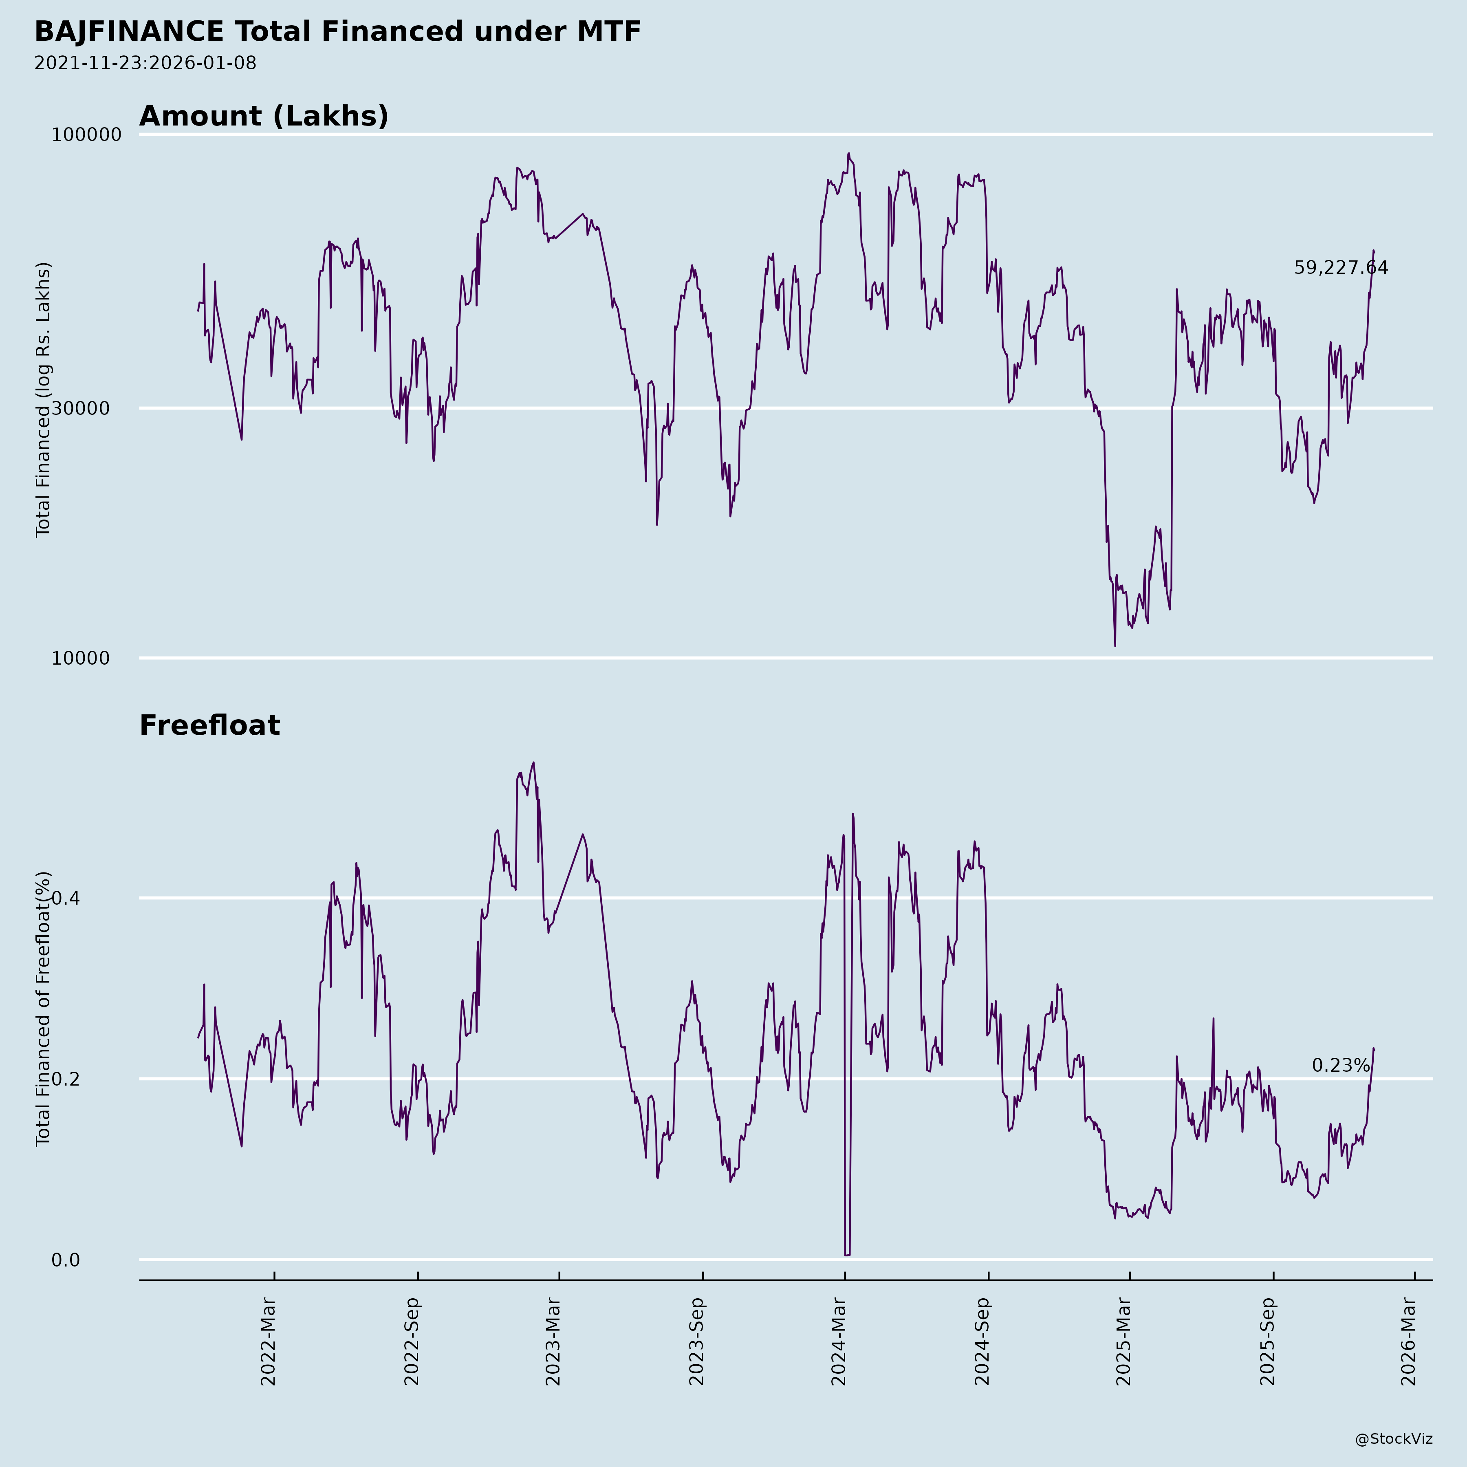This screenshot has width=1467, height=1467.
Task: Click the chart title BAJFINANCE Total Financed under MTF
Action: click(338, 32)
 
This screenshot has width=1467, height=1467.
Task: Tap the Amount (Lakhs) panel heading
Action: click(264, 116)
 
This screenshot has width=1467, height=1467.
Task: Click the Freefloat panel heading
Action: click(209, 725)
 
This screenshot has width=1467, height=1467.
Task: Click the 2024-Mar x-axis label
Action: click(838, 1342)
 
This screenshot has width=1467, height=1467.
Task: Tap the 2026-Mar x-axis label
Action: click(1409, 1342)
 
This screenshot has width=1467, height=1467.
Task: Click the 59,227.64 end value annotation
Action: click(1341, 268)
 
